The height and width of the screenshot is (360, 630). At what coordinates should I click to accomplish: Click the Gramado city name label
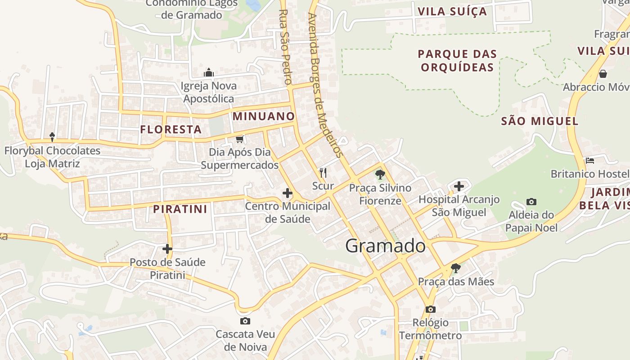[x=385, y=246]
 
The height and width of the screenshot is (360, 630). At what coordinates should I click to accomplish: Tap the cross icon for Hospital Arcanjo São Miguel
[x=459, y=185]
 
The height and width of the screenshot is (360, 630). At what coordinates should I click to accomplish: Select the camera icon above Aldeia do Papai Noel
[x=531, y=202]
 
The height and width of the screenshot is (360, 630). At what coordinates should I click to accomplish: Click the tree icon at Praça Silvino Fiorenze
[x=380, y=174]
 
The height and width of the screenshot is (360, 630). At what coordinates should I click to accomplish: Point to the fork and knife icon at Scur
[x=323, y=172]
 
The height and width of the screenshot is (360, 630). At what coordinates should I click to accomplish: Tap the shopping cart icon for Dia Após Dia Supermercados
[x=240, y=139]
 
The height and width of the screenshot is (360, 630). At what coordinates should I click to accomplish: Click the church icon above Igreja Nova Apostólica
[x=208, y=72]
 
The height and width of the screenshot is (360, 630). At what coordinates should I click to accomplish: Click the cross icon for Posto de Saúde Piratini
[x=167, y=248]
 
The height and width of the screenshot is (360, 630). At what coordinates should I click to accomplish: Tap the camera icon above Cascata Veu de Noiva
[x=245, y=321]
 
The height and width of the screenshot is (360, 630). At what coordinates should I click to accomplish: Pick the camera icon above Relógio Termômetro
[x=431, y=309]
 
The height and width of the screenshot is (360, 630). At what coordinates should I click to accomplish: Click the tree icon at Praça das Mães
[x=456, y=268]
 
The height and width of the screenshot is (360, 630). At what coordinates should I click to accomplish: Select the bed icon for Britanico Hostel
[x=590, y=160]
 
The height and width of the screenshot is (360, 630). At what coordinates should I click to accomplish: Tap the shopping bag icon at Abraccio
[x=603, y=73]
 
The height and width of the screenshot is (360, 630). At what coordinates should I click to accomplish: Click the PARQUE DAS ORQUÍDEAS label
[x=457, y=61]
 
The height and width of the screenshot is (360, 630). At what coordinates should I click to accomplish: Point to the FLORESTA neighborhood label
[x=171, y=130]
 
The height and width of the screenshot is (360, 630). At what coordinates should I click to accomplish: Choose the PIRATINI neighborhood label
[x=180, y=209]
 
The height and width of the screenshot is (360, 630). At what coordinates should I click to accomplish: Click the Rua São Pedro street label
[x=284, y=47]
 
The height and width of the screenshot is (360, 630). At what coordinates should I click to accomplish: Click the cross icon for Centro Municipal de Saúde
[x=287, y=193]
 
